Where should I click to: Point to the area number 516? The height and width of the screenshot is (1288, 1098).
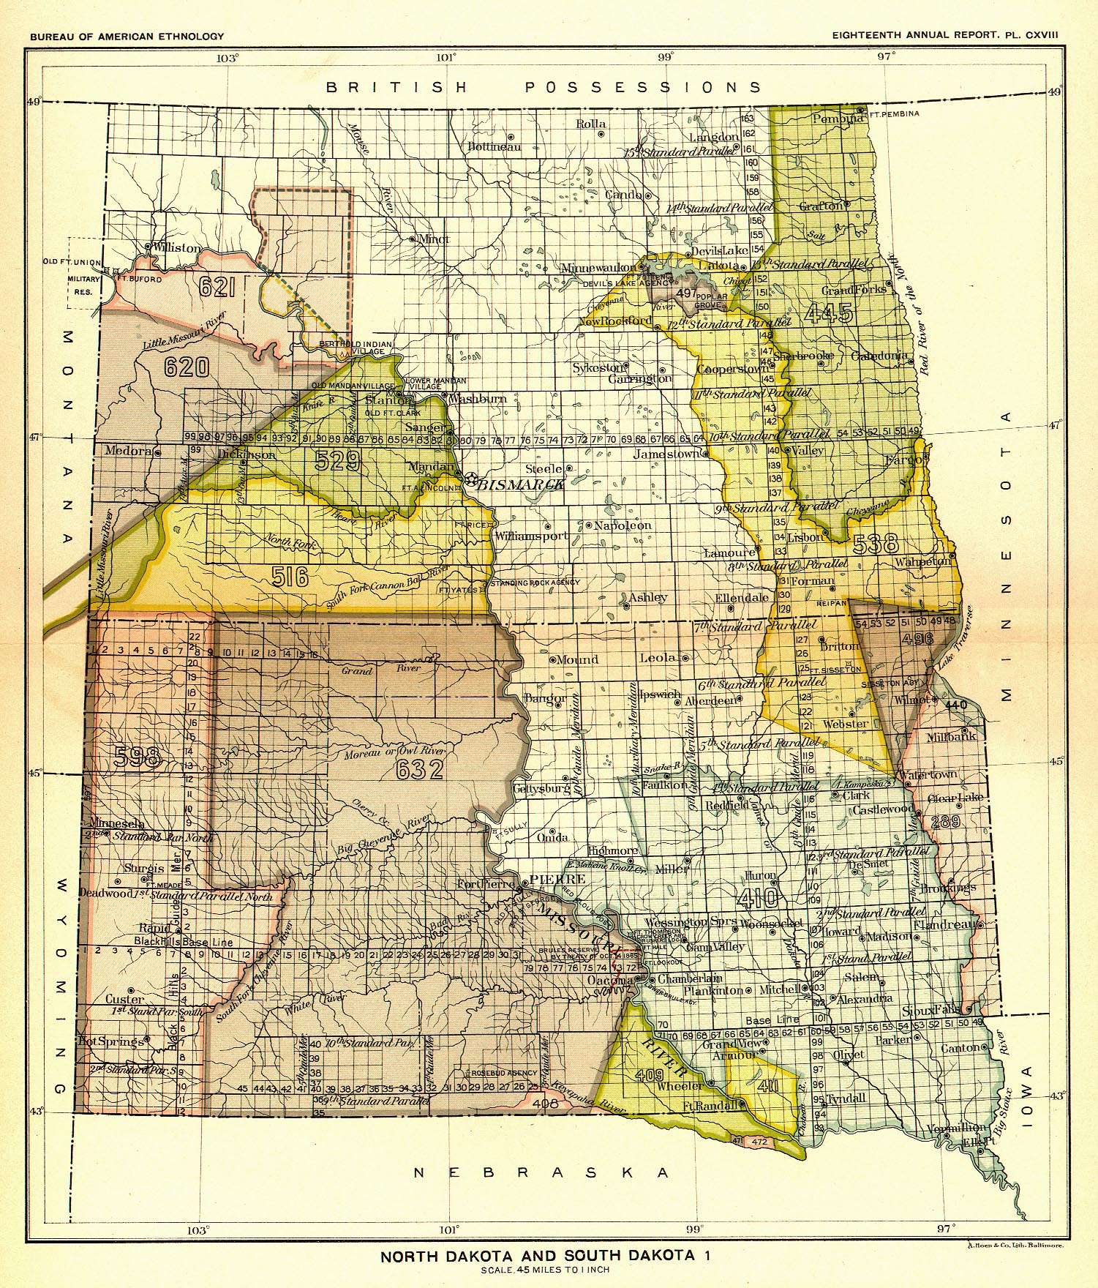(291, 577)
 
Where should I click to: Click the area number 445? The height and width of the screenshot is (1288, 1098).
(830, 313)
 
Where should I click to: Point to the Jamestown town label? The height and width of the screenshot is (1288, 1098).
(666, 454)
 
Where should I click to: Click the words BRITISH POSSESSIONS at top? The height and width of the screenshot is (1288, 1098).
(544, 87)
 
